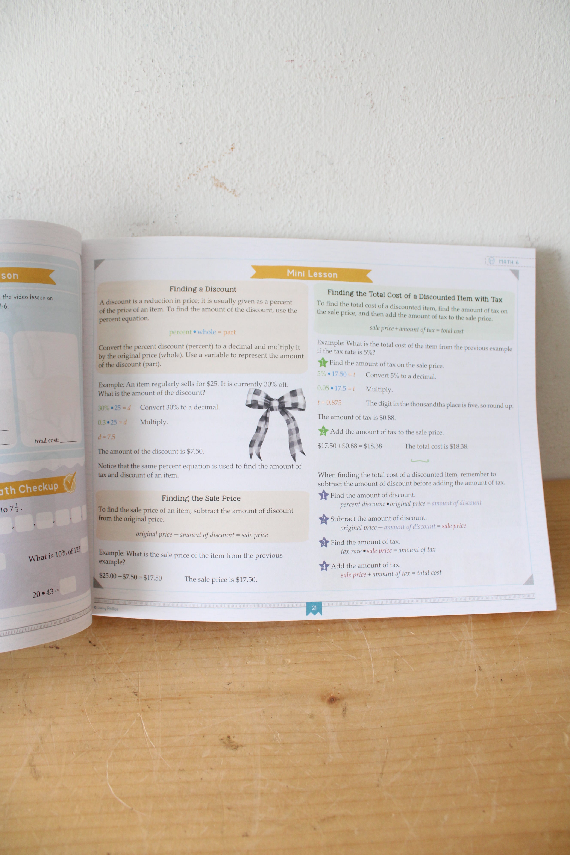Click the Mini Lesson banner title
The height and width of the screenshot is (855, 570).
point(312,274)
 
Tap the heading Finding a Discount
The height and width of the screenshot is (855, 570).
point(202,289)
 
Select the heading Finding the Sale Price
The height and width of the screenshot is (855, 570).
point(201,498)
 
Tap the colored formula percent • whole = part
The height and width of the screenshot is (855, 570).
point(202,332)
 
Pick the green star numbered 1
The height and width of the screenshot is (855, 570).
point(322,362)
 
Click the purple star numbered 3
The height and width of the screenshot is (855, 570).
point(324,543)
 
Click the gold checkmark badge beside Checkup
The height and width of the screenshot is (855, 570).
point(70,483)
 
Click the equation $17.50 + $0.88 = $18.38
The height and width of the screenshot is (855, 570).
point(350,446)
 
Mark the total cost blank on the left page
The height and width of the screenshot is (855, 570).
point(68,441)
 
